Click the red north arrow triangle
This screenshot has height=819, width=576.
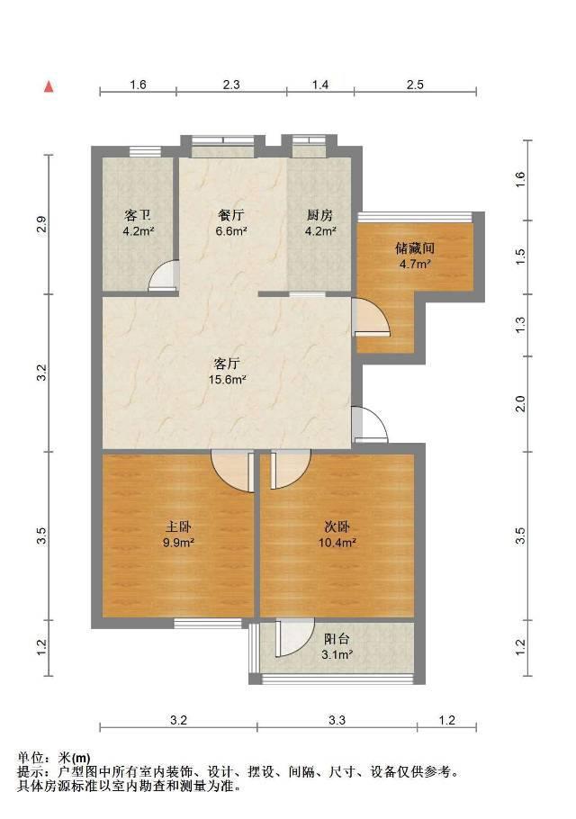(49, 86)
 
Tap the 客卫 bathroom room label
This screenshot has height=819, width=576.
(138, 215)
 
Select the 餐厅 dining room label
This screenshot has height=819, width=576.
(230, 215)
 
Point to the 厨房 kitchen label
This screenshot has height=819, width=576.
(319, 215)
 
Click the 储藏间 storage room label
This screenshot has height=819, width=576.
(415, 247)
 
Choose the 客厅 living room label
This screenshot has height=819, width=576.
(227, 363)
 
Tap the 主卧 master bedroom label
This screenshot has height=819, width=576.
(178, 526)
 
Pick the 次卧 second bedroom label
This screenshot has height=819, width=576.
(337, 526)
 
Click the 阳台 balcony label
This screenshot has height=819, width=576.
(337, 639)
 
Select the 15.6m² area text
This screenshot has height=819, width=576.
(227, 380)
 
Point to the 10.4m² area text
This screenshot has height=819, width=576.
(337, 543)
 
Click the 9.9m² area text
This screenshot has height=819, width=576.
(178, 543)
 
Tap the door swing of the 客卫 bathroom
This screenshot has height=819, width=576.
(164, 275)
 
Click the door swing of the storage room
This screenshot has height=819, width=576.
(371, 316)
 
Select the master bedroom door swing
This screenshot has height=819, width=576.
(233, 471)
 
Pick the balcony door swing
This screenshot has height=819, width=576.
(295, 638)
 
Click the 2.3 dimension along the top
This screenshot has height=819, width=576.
(231, 85)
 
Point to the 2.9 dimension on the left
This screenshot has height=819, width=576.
(43, 224)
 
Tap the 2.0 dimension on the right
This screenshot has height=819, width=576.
(520, 404)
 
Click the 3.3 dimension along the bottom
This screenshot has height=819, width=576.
(337, 720)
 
